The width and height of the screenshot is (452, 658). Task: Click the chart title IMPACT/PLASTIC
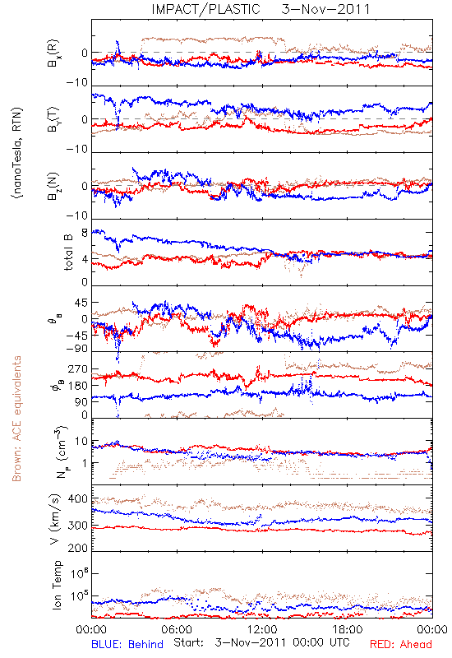click(x=206, y=9)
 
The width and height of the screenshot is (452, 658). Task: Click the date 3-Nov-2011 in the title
click(x=325, y=9)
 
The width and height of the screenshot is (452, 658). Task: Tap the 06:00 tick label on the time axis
click(x=177, y=629)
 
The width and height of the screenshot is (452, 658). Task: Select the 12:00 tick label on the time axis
click(x=262, y=629)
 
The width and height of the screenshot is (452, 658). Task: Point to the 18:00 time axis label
click(x=348, y=629)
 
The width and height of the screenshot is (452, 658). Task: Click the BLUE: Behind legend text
click(x=127, y=644)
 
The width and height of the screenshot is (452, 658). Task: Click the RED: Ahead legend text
click(x=401, y=644)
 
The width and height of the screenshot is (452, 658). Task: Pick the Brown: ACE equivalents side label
click(x=16, y=419)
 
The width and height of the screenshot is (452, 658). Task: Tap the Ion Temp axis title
click(x=57, y=585)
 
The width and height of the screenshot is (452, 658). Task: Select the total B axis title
click(x=68, y=253)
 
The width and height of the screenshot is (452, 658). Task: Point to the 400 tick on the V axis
click(x=78, y=499)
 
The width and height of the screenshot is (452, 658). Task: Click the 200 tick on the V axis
click(x=78, y=548)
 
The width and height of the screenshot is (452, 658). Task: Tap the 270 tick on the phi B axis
click(x=78, y=368)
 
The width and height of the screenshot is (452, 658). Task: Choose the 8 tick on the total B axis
click(x=85, y=233)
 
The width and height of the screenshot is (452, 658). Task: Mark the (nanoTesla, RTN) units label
click(x=18, y=153)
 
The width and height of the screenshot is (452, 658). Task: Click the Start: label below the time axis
click(x=189, y=643)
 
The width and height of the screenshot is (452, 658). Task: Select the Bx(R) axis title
click(x=53, y=53)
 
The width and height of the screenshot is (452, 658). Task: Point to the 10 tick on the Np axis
click(x=81, y=442)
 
